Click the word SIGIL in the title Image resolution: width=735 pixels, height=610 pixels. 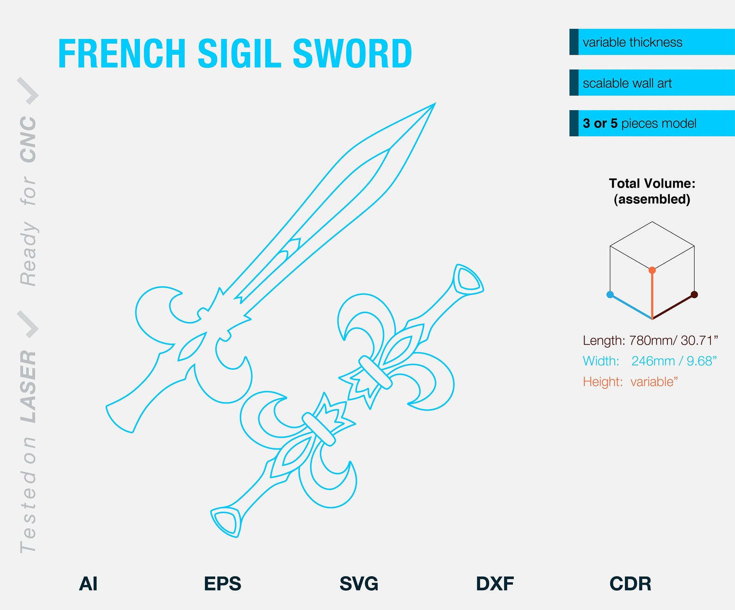[239, 54]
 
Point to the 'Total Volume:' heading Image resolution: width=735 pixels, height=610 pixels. [652, 183]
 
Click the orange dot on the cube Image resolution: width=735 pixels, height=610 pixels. [652, 270]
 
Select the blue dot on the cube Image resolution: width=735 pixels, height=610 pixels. [610, 295]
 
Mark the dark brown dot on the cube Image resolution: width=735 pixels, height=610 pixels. [694, 295]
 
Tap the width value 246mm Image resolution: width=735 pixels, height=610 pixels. [653, 361]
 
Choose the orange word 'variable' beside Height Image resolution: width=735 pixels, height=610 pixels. [652, 382]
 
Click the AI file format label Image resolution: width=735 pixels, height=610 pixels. [88, 584]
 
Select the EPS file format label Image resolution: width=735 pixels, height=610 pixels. [223, 584]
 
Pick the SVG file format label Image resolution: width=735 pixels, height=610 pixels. [359, 584]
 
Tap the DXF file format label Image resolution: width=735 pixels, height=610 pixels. [495, 584]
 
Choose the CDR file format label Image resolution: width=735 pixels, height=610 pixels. [630, 584]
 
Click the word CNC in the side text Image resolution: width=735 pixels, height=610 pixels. [29, 139]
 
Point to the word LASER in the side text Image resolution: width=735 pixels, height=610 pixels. [29, 386]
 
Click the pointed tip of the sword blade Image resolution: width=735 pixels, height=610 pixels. [434, 104]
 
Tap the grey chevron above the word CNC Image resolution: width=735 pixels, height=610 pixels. [29, 91]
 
